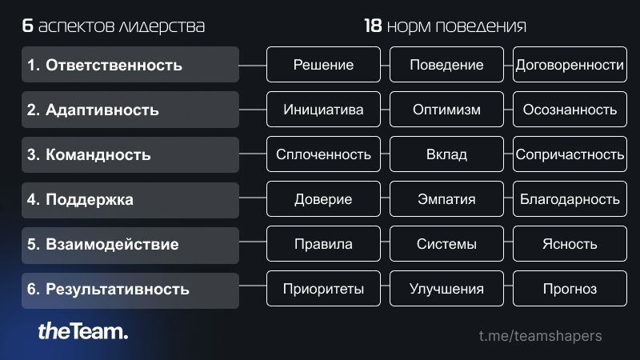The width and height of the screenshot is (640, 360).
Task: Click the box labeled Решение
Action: pyautogui.click(x=323, y=65)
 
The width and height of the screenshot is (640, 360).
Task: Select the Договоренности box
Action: pyautogui.click(x=570, y=65)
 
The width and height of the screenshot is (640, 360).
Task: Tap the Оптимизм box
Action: pyautogui.click(x=446, y=110)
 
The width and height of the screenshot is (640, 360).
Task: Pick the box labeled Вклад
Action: pyautogui.click(x=446, y=154)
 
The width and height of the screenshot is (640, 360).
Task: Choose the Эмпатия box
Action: pyautogui.click(x=446, y=199)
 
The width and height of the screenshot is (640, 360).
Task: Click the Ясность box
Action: pyautogui.click(x=570, y=244)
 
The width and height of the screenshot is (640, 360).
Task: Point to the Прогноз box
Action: pyautogui.click(x=570, y=289)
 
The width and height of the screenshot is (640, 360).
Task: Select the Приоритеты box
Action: pyautogui.click(x=323, y=289)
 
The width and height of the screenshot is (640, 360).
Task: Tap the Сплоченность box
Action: pyautogui.click(x=323, y=154)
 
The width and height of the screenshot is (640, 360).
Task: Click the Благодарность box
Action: pyautogui.click(x=570, y=199)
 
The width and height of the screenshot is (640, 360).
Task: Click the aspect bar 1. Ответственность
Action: pyautogui.click(x=130, y=65)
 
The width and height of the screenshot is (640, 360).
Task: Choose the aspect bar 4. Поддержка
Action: pyautogui.click(x=130, y=200)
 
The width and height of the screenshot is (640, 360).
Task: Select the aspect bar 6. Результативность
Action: pyautogui.click(x=130, y=290)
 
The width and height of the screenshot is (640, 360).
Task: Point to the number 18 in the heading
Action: pyautogui.click(x=373, y=26)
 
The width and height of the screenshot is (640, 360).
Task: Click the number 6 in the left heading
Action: pyautogui.click(x=27, y=26)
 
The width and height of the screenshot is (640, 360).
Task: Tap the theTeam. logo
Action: pyautogui.click(x=83, y=331)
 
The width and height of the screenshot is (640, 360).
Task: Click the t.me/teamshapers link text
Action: pyautogui.click(x=541, y=336)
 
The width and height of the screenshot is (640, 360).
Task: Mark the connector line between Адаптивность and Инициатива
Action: pyautogui.click(x=253, y=110)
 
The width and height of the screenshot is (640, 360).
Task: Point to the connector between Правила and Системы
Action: pyautogui.click(x=386, y=242)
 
